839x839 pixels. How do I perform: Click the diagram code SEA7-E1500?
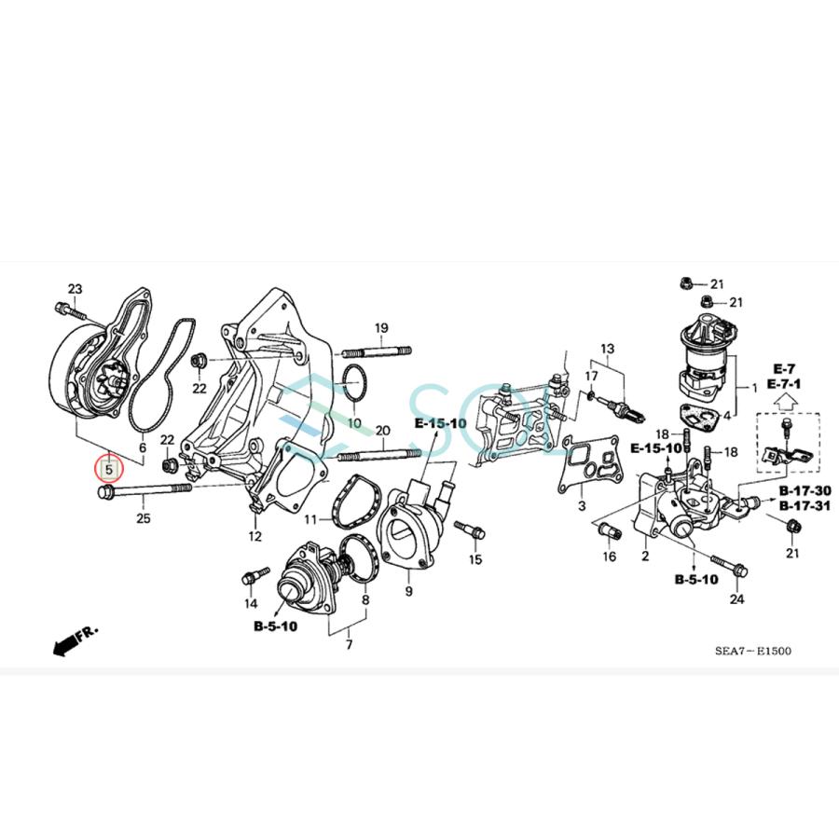753,651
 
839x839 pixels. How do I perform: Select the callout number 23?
76,288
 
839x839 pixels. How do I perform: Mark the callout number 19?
381,328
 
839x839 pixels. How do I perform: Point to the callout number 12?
254,536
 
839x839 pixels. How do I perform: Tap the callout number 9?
408,592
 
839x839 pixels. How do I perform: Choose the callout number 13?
608,349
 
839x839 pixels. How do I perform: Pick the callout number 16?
610,557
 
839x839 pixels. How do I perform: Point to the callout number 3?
581,506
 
